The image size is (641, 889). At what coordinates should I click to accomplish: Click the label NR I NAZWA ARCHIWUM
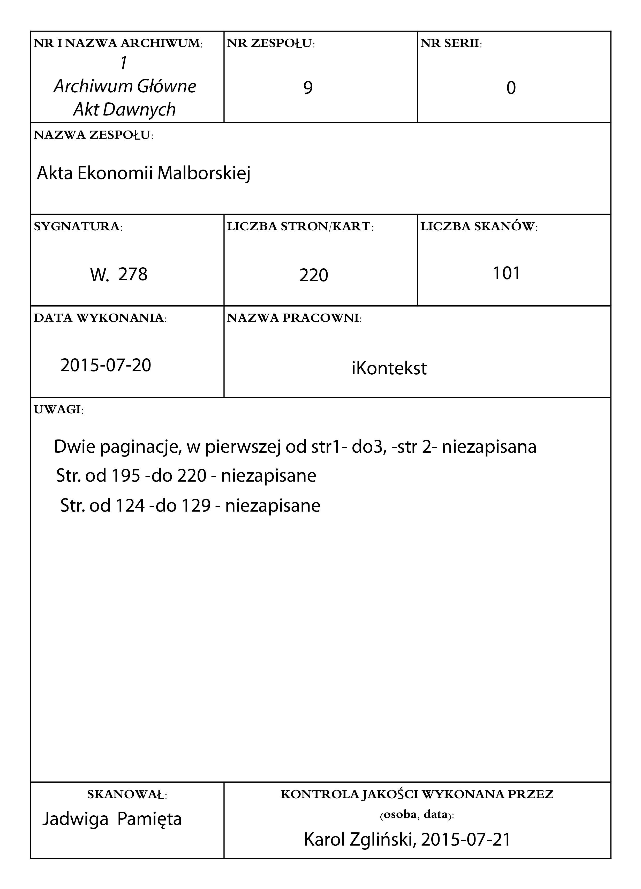[118, 43]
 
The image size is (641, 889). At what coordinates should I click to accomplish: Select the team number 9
[308, 88]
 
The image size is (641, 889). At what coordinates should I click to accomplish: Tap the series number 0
[511, 88]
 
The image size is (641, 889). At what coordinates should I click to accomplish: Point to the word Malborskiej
[204, 173]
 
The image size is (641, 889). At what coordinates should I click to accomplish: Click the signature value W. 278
[119, 274]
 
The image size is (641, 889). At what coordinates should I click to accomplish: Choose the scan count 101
[507, 273]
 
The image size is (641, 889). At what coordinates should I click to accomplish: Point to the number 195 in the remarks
[126, 476]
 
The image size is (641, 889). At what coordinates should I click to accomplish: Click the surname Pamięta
[150, 819]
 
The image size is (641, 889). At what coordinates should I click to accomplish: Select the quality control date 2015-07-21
[466, 840]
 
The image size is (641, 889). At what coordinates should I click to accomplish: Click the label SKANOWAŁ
[127, 795]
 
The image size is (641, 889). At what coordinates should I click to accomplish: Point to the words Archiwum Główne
[125, 87]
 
